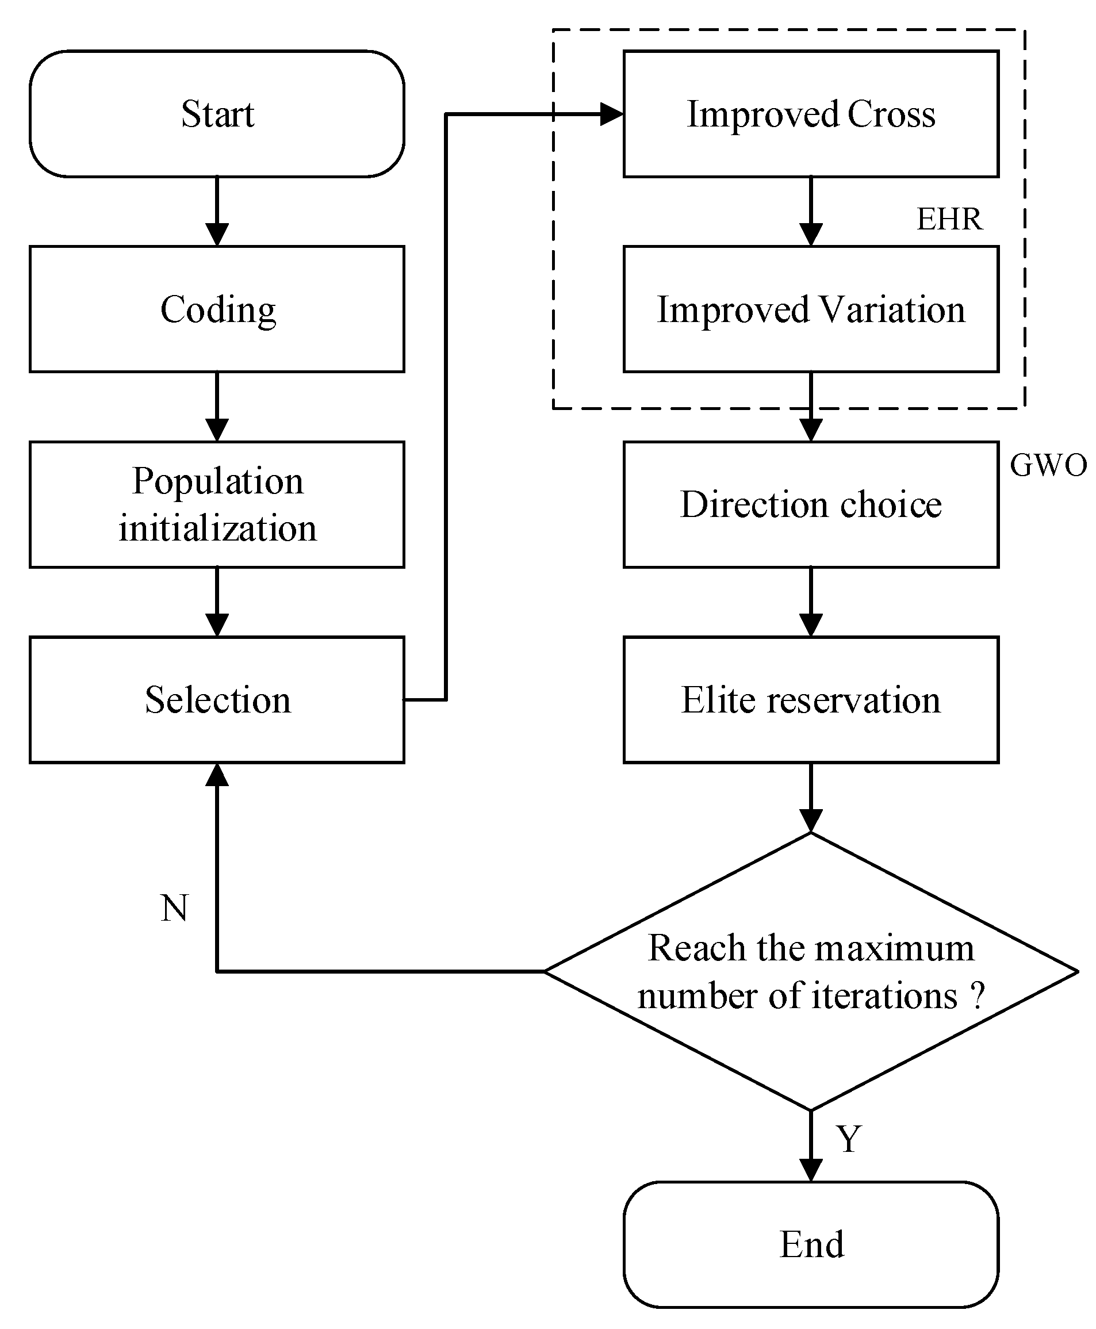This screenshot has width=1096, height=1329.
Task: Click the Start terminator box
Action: pyautogui.click(x=217, y=114)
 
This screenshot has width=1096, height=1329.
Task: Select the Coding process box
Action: pyautogui.click(x=217, y=309)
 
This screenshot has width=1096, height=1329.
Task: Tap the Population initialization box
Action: pyautogui.click(x=217, y=504)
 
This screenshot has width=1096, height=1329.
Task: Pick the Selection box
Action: pyautogui.click(x=217, y=699)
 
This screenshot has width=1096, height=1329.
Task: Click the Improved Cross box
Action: pyautogui.click(x=811, y=114)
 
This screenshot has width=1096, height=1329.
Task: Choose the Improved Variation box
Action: pyautogui.click(x=811, y=309)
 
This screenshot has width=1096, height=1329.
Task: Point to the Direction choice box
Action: pyautogui.click(x=811, y=504)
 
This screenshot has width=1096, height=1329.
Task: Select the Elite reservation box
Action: pyautogui.click(x=811, y=699)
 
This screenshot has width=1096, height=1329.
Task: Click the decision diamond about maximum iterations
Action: pyautogui.click(x=811, y=972)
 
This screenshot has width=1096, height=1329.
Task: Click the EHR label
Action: pyautogui.click(x=949, y=219)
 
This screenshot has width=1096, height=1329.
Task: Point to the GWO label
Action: pyautogui.click(x=1048, y=465)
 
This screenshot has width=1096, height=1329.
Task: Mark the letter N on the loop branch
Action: pyautogui.click(x=174, y=909)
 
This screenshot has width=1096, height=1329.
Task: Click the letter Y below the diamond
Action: pyautogui.click(x=849, y=1139)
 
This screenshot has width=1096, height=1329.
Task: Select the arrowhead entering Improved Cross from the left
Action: pyautogui.click(x=611, y=114)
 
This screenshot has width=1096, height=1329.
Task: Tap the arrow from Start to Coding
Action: pyautogui.click(x=217, y=212)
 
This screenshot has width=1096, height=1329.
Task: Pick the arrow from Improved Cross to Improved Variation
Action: pyautogui.click(x=811, y=212)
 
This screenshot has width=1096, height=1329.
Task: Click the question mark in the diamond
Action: pyautogui.click(x=978, y=995)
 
